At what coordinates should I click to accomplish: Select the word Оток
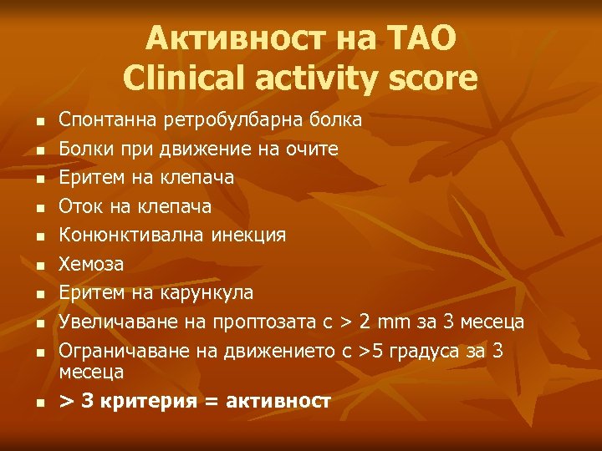coord(78,206)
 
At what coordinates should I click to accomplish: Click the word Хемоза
coord(91,265)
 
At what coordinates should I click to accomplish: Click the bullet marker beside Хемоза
coord(38,266)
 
